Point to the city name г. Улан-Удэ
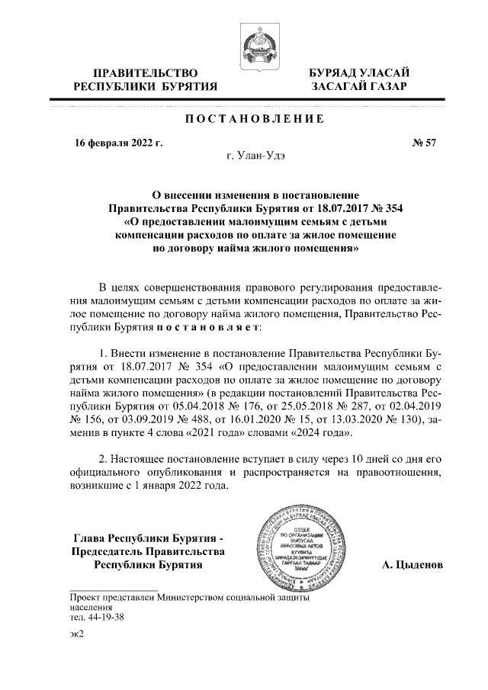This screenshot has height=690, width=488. [254, 159]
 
